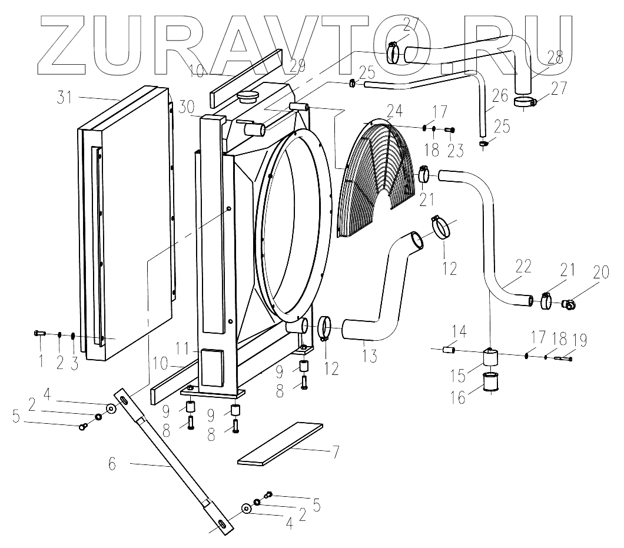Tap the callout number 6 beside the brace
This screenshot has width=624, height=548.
112,464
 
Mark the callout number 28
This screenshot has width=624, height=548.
555,58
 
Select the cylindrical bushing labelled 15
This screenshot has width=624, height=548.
490,357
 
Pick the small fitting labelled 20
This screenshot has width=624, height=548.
569,304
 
